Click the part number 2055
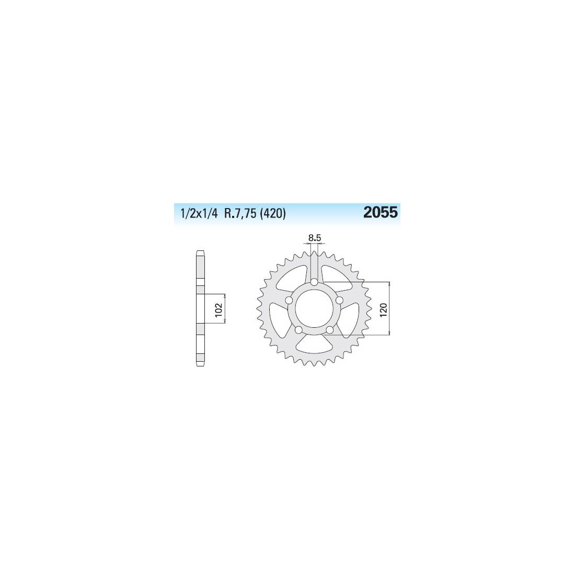tap(380, 213)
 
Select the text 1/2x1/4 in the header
tap(199, 213)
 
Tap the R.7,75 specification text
tap(240, 213)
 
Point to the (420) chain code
tap(272, 213)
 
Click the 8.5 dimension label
tap(315, 238)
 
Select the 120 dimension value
tap(384, 310)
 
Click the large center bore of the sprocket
tap(314, 308)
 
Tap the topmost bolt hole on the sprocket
tap(314, 282)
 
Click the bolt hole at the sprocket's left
tap(289, 301)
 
